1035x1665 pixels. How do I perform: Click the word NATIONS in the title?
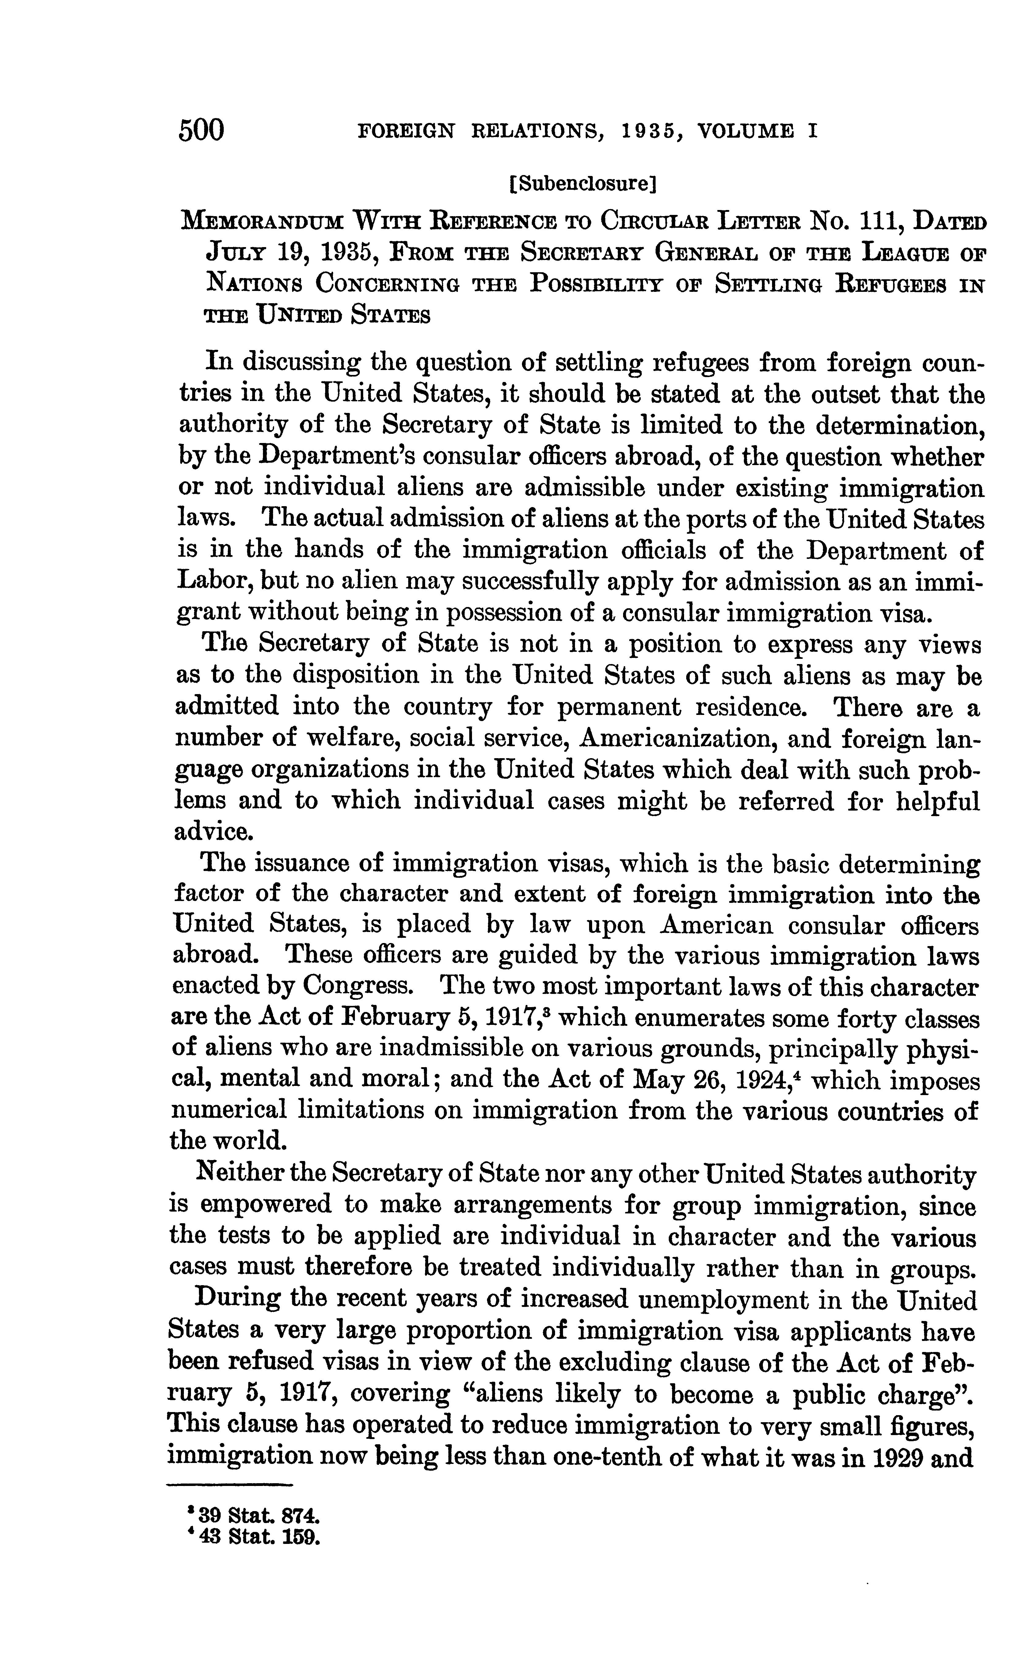(x=253, y=284)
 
